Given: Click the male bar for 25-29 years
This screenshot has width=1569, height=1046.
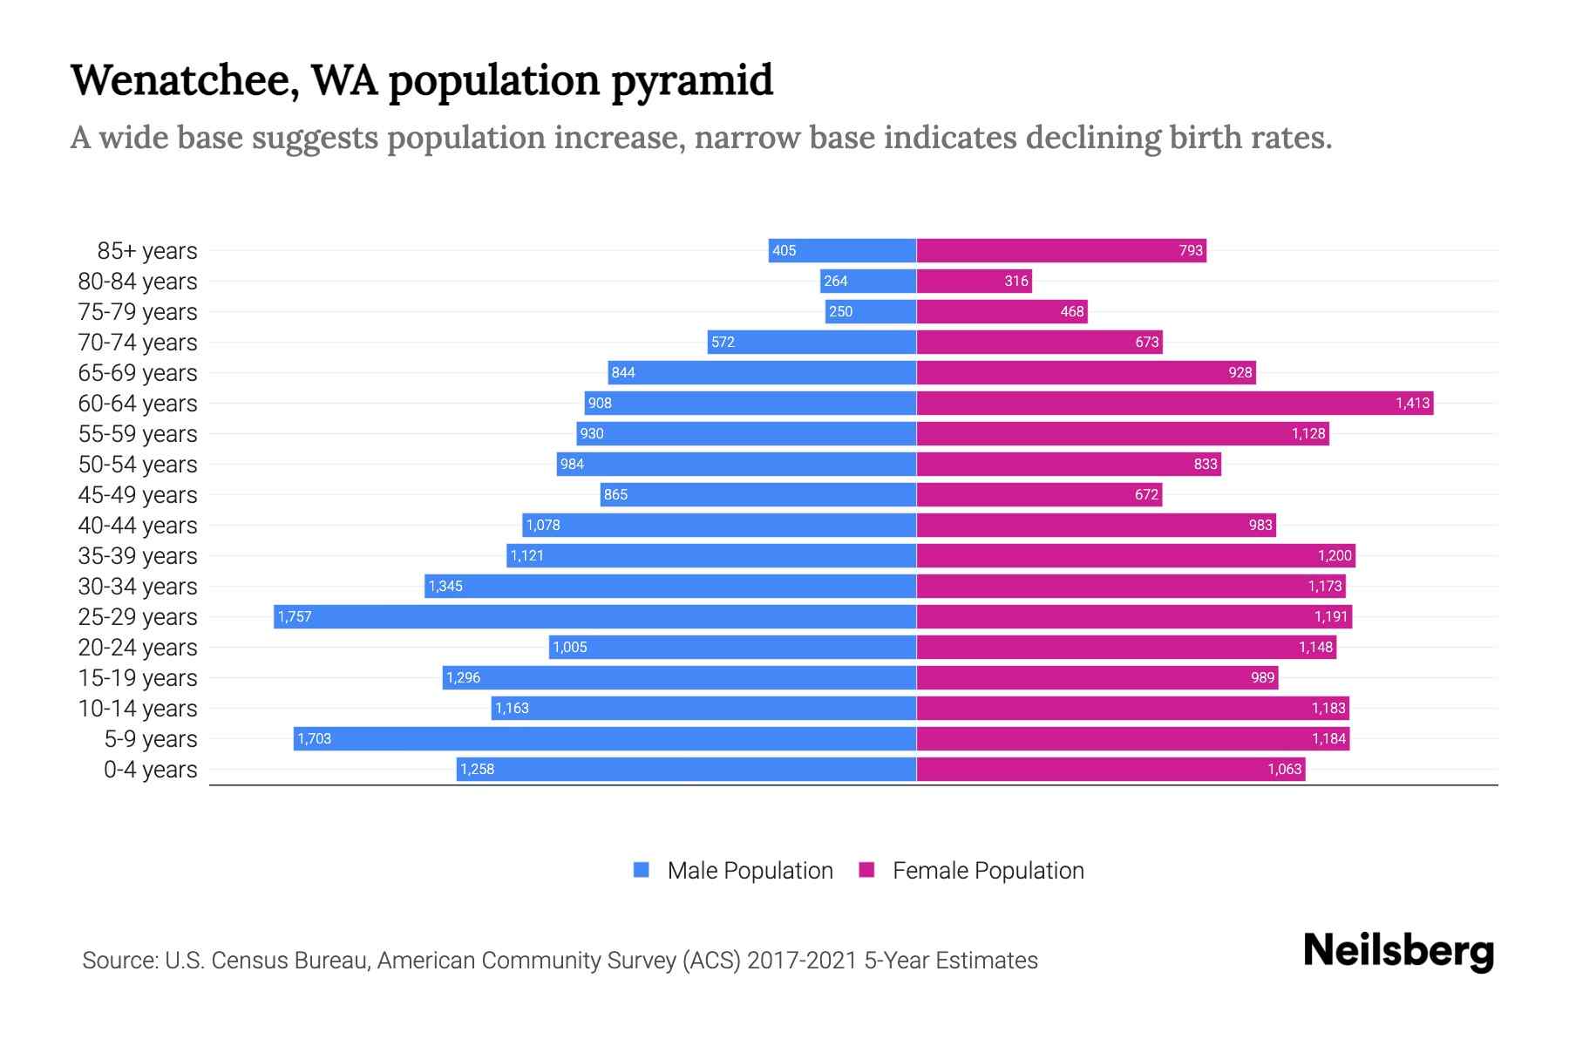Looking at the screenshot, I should (594, 616).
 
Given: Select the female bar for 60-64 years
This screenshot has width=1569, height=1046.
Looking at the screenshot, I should (1174, 403).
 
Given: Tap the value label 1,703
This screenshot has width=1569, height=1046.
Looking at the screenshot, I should (315, 739).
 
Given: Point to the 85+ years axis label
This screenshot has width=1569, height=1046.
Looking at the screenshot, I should (147, 251).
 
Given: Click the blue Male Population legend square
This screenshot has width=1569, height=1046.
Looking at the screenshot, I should (642, 870).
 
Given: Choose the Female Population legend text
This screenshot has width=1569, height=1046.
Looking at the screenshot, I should (988, 871).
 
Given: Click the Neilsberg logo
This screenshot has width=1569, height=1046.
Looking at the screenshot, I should (1398, 951).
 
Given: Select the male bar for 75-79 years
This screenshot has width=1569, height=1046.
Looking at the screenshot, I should (871, 311).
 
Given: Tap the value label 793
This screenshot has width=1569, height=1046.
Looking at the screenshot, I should (1191, 251).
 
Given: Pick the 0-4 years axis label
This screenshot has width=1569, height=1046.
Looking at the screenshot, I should (150, 770).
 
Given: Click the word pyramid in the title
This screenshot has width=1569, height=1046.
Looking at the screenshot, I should (691, 81).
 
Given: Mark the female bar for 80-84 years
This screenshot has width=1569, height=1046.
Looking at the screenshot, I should (974, 281).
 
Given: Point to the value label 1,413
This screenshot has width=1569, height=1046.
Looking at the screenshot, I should (1412, 403).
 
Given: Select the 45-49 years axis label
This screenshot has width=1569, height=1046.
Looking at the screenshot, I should (138, 495).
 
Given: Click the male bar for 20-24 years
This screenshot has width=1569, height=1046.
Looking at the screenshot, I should (732, 647).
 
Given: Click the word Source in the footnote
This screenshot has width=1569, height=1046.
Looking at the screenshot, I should (119, 961).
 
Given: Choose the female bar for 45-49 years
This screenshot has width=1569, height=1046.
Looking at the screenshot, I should (1039, 494).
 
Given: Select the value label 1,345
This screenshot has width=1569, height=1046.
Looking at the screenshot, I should (445, 587).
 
